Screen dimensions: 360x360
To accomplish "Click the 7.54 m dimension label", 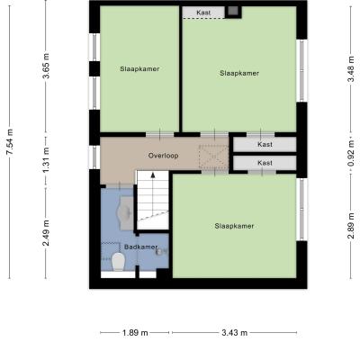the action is click(10, 142).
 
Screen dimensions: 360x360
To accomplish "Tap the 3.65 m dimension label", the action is click(46, 66).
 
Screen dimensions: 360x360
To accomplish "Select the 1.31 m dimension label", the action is click(46, 160).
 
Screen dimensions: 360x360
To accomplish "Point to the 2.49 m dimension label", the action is click(46, 233).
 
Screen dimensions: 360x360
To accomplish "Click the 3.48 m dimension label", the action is click(351, 68).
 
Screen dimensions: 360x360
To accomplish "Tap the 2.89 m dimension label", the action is click(351, 226).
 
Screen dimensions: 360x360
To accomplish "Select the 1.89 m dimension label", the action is click(135, 333).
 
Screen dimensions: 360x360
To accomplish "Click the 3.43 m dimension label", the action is click(235, 333).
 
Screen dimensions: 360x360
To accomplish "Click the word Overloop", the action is click(163, 156).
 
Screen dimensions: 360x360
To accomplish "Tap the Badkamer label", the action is click(140, 247).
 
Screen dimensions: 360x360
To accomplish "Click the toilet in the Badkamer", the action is click(118, 262).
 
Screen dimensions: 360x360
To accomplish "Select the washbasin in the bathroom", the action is click(126, 212).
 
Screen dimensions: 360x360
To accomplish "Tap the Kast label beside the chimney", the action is click(203, 13).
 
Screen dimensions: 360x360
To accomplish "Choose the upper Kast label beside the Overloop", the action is click(265, 144).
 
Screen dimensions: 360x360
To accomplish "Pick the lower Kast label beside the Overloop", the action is click(265, 163).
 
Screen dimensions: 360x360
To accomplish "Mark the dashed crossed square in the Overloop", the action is click(213, 157).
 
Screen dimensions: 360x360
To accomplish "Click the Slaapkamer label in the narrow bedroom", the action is click(139, 68).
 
